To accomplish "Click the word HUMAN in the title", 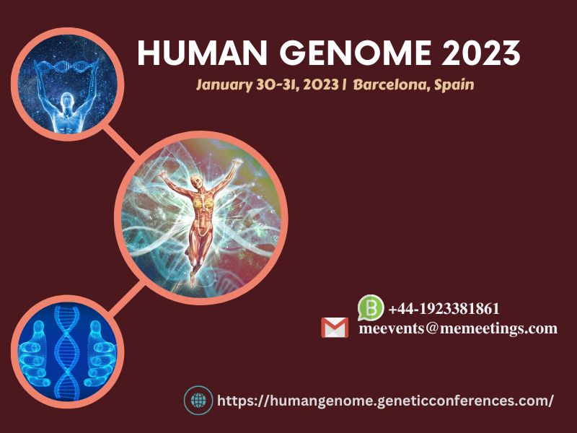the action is coord(202,53).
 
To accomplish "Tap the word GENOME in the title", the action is coord(356,53).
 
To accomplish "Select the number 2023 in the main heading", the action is coord(481,53).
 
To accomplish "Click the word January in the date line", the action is coord(224,85).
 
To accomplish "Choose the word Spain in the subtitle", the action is coord(454,85).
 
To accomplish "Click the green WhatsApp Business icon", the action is coord(371,307).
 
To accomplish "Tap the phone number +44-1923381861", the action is coord(444,309).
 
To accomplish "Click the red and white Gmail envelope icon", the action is coord(335,328).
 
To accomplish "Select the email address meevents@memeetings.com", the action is coord(458,328).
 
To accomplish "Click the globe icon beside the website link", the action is coord(199,401).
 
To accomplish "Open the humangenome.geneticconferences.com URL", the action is coord(385,401).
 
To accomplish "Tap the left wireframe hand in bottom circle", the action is coord(35,354).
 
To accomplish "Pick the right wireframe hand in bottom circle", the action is coord(100,354).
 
